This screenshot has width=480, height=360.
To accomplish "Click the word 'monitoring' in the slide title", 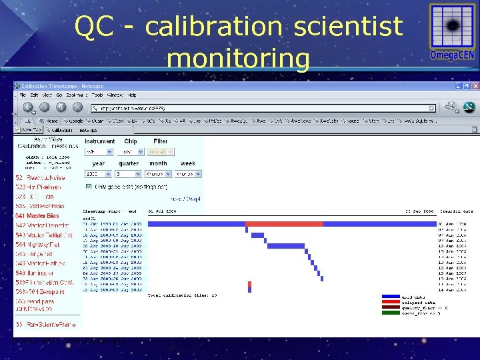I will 238,58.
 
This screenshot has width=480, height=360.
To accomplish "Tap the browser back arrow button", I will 29,107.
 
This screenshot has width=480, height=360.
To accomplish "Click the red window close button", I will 475,87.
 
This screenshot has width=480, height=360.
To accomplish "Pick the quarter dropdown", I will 129,174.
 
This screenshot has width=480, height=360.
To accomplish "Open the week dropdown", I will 188,174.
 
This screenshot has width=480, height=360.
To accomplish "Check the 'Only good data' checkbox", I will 89,187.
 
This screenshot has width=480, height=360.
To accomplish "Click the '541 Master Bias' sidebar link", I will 37,216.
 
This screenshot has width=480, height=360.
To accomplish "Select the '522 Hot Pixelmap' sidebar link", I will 38,188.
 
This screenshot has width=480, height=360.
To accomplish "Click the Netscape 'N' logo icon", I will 469,107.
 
